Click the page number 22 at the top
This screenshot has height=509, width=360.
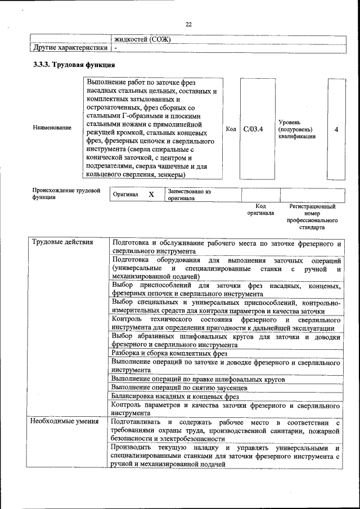coord(188,24)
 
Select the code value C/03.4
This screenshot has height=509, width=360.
coord(254,129)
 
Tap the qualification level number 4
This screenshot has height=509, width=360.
coord(336,129)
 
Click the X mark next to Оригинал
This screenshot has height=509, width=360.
coord(151,194)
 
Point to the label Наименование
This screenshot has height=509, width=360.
coord(52,128)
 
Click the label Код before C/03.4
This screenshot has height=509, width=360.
coord(231,129)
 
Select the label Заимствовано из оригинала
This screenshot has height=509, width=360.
coord(188,195)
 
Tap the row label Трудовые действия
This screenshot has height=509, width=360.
coord(55,243)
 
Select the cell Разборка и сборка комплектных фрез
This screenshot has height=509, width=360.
coord(169,353)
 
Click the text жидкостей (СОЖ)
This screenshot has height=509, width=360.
coord(142,39)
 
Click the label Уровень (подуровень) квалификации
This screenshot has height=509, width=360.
coord(296,129)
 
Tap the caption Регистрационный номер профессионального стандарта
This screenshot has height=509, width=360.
coord(312,218)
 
